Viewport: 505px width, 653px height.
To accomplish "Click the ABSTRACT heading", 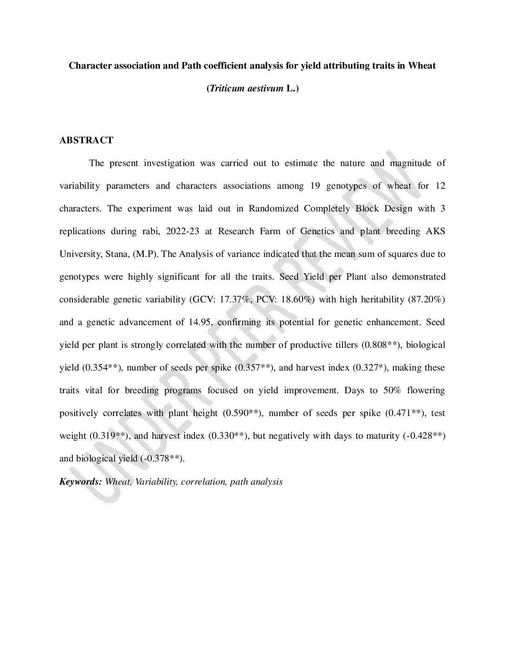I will coord(86,140).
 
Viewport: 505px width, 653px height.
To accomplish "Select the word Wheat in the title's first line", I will coord(422,65).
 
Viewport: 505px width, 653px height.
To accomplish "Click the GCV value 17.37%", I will coord(236,300).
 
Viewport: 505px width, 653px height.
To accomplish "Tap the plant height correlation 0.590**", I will coord(243,413).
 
